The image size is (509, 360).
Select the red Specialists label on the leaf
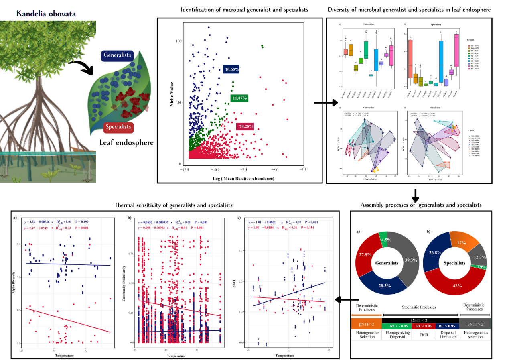(118, 128)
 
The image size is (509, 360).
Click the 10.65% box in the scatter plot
(231, 69)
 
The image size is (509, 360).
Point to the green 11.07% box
(239, 98)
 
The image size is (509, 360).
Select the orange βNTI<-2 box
(366, 323)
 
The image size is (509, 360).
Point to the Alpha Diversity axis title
(15, 281)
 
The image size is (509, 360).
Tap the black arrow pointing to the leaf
(81, 67)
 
